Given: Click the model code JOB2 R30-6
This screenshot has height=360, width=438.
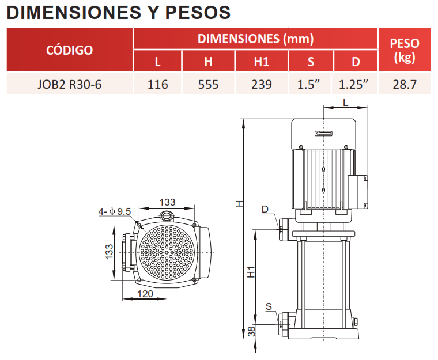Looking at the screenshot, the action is (x=69, y=84).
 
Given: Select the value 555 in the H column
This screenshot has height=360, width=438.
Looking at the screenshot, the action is (x=208, y=84).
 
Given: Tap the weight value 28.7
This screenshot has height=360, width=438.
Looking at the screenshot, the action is (x=405, y=84).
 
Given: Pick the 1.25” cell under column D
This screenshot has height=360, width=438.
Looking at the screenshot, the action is (x=353, y=84).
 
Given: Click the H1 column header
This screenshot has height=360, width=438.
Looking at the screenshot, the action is (x=262, y=62).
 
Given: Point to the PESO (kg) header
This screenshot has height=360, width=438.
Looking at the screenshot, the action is (x=405, y=50).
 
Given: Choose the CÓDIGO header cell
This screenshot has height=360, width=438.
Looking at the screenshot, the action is (x=70, y=50).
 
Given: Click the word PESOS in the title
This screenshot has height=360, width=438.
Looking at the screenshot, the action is (x=198, y=13).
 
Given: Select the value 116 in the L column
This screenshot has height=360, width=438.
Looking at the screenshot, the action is (x=157, y=84).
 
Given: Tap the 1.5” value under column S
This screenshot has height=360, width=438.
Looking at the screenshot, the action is (x=308, y=84).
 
